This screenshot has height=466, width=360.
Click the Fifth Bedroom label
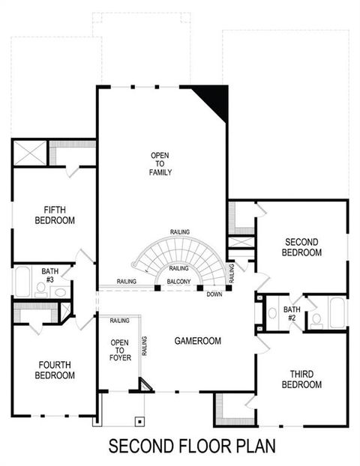55,214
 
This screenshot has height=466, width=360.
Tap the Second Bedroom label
301,246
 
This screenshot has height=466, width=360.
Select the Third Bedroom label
301,379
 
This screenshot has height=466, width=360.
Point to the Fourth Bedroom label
55,370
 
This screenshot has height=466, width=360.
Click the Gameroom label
197,341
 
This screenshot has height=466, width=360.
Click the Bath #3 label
49,275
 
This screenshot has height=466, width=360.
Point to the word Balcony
178,282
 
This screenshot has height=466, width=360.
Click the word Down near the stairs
214,294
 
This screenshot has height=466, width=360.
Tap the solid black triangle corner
214,100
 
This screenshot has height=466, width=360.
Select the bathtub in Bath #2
337,312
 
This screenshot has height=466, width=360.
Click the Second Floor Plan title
193,447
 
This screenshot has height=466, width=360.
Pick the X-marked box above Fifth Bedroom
30,154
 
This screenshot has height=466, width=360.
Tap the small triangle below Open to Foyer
144,385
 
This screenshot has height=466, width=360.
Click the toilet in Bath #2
316,320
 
